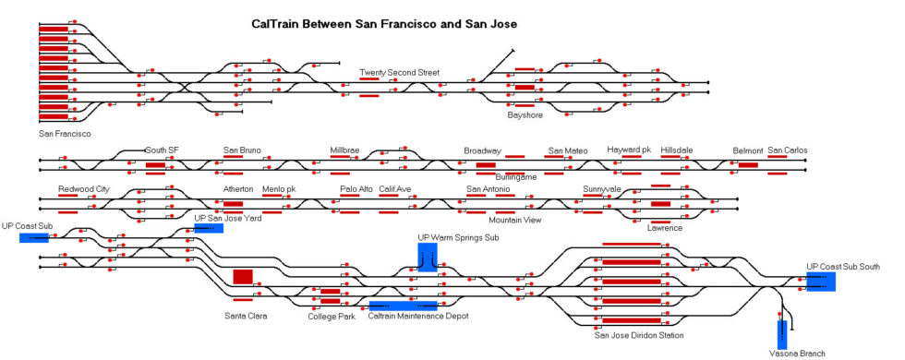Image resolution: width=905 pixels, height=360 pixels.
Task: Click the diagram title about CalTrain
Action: [384, 23]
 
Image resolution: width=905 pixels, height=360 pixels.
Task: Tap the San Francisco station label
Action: [65, 134]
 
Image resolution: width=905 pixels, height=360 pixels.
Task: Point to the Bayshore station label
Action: [525, 116]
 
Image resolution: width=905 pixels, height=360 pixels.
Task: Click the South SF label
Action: [162, 150]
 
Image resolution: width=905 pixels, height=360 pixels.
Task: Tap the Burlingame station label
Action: [515, 175]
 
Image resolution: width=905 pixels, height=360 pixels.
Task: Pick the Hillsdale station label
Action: [677, 150]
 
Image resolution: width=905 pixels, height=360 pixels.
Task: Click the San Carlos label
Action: [788, 150]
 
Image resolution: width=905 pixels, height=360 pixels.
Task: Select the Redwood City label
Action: [83, 189]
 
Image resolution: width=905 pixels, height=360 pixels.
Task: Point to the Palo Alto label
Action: [356, 189]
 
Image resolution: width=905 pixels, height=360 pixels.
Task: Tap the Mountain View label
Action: [515, 220]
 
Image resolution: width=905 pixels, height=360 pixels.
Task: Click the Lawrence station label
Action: [665, 227]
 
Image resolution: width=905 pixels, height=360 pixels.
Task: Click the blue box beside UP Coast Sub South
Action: [821, 282]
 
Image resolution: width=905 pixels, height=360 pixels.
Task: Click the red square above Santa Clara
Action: [243, 276]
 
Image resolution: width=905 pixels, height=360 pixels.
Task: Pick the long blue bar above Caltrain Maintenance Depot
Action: [403, 305]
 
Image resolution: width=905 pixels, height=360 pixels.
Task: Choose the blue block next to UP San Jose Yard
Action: [208, 228]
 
